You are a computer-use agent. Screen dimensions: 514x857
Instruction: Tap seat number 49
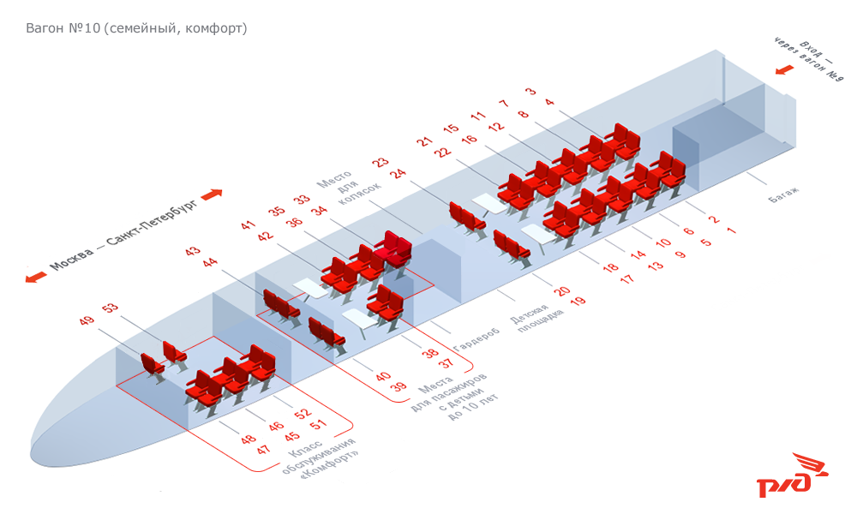coord(86,321)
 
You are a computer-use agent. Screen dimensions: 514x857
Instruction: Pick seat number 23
coord(380,163)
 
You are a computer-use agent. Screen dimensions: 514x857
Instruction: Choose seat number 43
coord(192,252)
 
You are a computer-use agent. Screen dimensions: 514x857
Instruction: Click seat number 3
coord(530,92)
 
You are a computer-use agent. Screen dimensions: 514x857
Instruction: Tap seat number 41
coord(249,225)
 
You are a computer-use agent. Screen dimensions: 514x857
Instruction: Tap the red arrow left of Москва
coord(35,277)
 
